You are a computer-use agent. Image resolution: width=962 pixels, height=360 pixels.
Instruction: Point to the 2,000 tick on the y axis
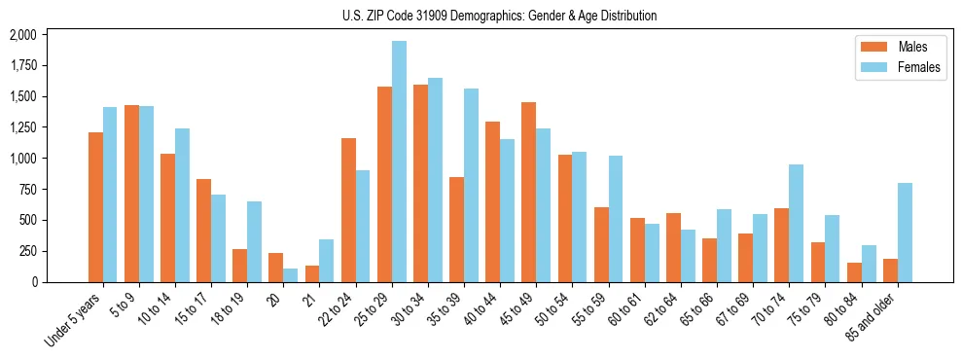pyautogui.click(x=22, y=35)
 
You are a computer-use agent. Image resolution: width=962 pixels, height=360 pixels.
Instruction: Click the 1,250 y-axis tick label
pyautogui.click(x=22, y=127)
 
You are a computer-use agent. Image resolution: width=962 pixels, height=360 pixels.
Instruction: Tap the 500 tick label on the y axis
pyautogui.click(x=26, y=220)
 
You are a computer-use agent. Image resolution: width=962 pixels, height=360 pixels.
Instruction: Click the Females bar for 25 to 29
pyautogui.click(x=399, y=162)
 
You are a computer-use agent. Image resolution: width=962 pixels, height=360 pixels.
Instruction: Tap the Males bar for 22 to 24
pyautogui.click(x=348, y=210)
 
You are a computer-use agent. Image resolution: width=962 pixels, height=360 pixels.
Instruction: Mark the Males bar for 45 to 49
pyautogui.click(x=528, y=192)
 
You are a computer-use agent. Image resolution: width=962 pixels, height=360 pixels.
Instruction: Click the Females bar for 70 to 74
pyautogui.click(x=796, y=223)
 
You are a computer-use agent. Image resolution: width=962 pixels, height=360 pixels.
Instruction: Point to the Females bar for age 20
pyautogui.click(x=291, y=275)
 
